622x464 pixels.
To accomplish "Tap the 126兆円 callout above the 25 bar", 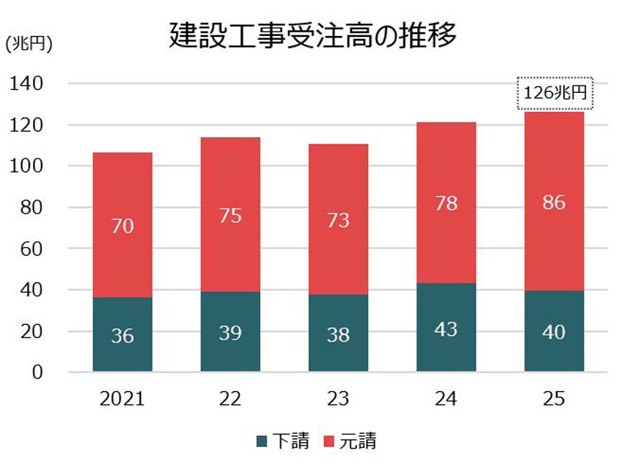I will click(554, 94).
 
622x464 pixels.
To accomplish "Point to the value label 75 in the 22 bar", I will click(230, 216).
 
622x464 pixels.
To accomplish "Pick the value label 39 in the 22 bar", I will click(230, 332).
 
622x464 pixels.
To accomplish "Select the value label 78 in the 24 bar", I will click(446, 203).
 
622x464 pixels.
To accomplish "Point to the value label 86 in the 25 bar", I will click(554, 202).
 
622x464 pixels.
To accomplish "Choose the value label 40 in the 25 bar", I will click(554, 332).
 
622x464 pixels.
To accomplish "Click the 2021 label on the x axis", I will click(123, 399).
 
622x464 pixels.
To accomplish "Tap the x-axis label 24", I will click(446, 399).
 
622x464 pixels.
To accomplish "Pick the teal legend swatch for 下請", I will click(262, 441).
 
